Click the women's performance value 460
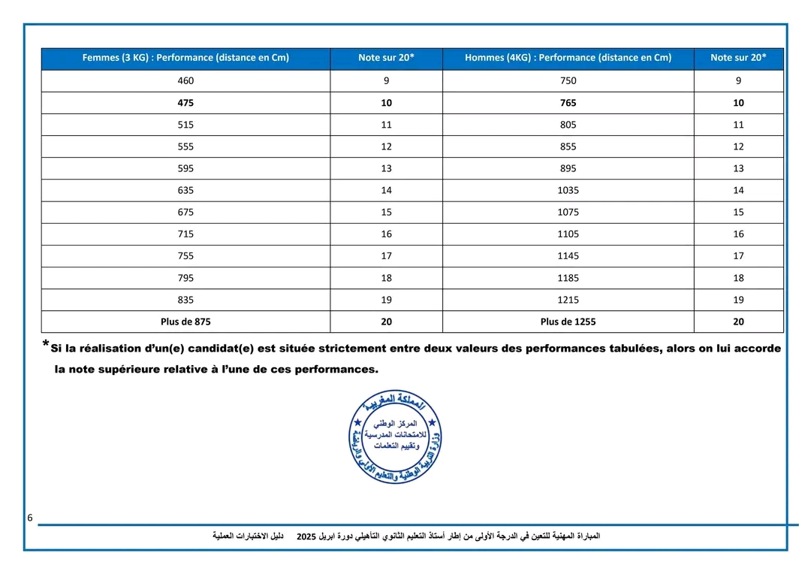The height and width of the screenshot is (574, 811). coord(185,81)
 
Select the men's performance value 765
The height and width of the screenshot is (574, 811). coord(568,103)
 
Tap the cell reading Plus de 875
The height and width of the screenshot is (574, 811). coord(185,322)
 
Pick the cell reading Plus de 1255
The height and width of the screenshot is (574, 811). coord(568,322)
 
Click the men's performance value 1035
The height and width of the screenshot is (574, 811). coord(568,191)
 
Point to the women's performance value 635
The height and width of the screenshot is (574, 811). coord(185,191)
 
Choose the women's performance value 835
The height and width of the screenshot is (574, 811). coord(185,300)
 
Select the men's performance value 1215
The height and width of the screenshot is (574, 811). coord(568,300)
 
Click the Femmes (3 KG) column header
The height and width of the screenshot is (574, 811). coord(185,58)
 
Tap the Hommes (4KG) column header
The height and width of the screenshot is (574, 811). coord(568,58)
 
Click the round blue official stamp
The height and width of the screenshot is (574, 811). coord(396,437)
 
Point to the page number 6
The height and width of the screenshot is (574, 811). coord(30,518)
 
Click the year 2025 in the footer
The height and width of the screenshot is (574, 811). coord(306,536)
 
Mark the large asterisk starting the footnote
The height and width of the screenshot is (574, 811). coord(46,346)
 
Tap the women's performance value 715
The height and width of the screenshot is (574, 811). coord(185,234)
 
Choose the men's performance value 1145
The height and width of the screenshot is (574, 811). coord(568,256)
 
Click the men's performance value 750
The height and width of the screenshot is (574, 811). coord(568,81)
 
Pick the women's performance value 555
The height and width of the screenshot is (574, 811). coord(185,147)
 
